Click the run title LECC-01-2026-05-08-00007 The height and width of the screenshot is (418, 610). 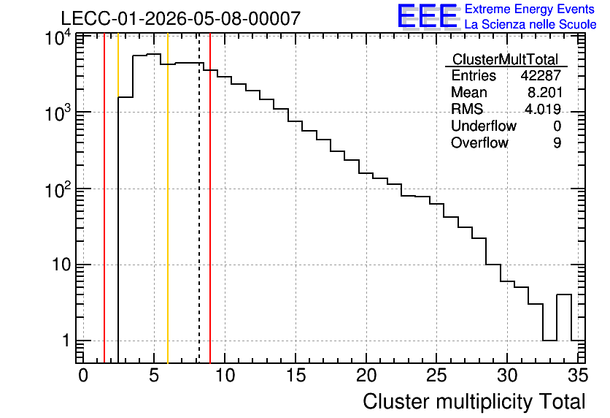coord(181,18)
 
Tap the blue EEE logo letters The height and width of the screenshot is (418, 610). coord(427,16)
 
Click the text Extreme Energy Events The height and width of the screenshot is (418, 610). coord(530,9)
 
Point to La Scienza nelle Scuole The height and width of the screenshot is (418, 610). coord(530,25)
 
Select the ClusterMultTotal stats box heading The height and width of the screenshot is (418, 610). coord(506,60)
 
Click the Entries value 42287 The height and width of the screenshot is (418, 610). coord(541,75)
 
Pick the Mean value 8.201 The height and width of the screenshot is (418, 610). coord(545,92)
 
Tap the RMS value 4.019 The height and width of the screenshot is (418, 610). coord(543,109)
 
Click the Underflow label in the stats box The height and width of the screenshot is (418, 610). coord(484,126)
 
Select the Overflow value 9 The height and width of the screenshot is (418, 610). coord(557,142)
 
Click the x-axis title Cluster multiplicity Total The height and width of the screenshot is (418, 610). coord(474,402)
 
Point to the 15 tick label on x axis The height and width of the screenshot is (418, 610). coord(296,376)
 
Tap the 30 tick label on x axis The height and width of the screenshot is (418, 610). coord(508,376)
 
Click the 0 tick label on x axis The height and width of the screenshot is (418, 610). coord(83,376)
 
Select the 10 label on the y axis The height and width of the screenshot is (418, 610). coord(61,265)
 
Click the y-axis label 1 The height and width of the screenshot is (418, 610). coord(66,341)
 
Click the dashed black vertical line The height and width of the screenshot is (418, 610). coord(199,199)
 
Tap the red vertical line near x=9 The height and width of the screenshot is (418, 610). coord(210,199)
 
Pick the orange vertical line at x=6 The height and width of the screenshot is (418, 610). coord(168,199)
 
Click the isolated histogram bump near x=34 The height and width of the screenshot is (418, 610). coord(564,295)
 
